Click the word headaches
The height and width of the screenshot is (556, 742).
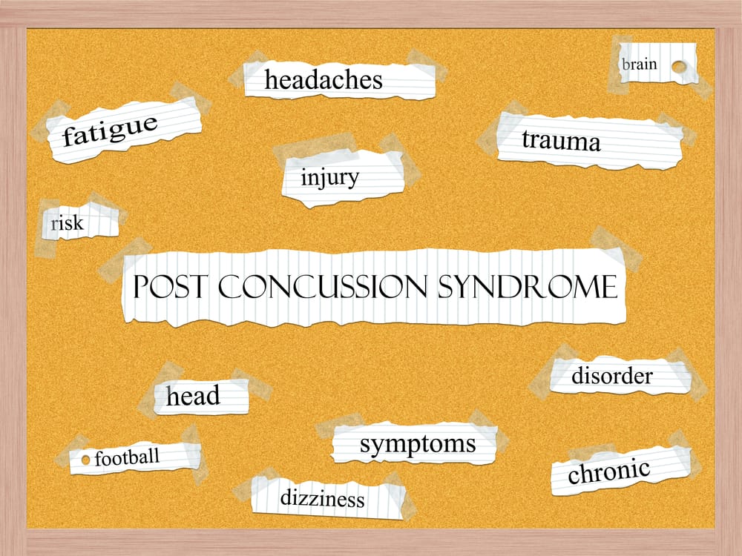(324, 79)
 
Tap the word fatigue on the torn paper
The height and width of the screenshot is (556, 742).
(110, 130)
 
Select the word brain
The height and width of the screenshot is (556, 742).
(640, 64)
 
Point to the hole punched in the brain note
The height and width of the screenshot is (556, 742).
(679, 67)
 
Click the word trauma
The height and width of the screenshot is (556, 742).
(561, 140)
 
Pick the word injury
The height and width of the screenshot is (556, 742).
(330, 178)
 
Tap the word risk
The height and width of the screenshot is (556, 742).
(68, 222)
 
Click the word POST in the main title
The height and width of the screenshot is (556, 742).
(170, 286)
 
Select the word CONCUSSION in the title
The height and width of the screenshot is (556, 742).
(322, 286)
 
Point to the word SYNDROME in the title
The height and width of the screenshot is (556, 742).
(528, 286)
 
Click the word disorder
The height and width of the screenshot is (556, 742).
(612, 376)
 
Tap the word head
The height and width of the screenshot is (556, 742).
(193, 395)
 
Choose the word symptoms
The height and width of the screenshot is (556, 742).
(418, 444)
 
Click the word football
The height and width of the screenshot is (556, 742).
(127, 457)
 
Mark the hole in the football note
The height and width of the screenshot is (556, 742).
(85, 460)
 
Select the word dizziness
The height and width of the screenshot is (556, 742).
(322, 498)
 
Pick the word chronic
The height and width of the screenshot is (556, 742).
(608, 471)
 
